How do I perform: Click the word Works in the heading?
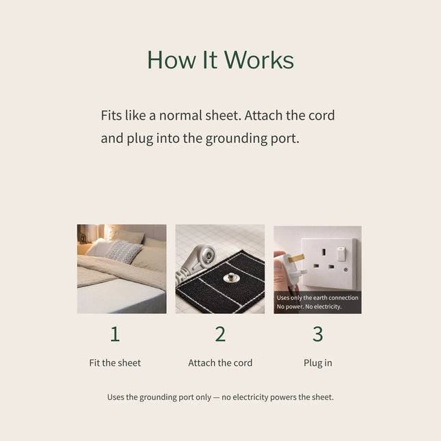coord(258,60)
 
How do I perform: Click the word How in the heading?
coord(166,60)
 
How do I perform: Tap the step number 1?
coord(115,334)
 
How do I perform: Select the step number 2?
coord(220,334)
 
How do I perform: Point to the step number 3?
coord(318,334)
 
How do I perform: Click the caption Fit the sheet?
coord(115,363)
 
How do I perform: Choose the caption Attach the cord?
coord(220,363)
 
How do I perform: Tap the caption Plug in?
coord(318,363)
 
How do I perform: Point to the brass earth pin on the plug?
coord(299,258)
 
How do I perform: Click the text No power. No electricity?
coord(309,307)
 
